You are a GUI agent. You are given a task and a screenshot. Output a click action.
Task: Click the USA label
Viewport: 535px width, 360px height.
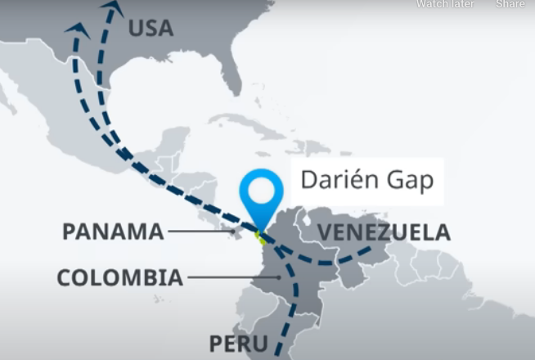point(151,28)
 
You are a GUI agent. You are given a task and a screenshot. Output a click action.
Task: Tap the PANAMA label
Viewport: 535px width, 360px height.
point(113,232)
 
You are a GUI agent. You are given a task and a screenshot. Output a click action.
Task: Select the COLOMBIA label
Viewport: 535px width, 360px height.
point(119,277)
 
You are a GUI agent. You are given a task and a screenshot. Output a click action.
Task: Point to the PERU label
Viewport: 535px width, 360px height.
point(238,343)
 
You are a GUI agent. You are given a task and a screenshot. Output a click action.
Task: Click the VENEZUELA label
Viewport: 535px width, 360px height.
point(384,232)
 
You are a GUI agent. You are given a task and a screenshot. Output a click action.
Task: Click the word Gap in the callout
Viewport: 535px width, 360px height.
point(408,181)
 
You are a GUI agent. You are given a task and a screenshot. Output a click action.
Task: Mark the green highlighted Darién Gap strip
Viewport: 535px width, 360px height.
point(261,238)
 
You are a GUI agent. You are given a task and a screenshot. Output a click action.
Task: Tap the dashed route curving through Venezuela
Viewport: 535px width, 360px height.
point(335,263)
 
